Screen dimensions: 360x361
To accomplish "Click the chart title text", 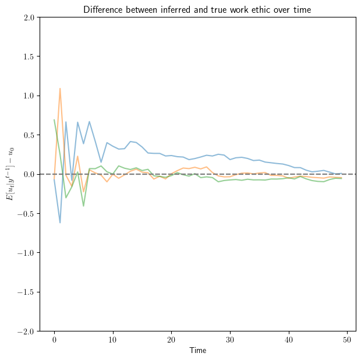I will pos(197,9).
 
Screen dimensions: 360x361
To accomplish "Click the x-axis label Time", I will pos(197,351).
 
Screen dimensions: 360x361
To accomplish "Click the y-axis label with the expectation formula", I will pos(10,174).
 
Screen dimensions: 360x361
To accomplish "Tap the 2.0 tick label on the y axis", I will pos(28,17).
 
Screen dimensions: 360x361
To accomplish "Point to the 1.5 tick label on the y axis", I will pos(28,57).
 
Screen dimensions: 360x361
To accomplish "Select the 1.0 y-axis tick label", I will pos(28,96).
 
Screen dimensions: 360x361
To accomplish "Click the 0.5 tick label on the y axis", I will pos(28,135).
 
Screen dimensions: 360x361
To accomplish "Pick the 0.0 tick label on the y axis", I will pos(28,174).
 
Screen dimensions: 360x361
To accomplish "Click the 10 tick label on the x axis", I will pos(113,340).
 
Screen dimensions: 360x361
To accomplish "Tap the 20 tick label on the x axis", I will pos(172,340).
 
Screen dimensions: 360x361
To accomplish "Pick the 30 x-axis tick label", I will pos(231,340).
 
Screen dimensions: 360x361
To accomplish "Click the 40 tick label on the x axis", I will pos(289,340).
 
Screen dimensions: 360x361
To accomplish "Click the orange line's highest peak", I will pos(60,89).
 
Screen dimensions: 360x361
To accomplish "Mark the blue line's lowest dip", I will pos(60,223).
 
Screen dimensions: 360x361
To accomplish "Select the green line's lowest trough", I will pos(84,206).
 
